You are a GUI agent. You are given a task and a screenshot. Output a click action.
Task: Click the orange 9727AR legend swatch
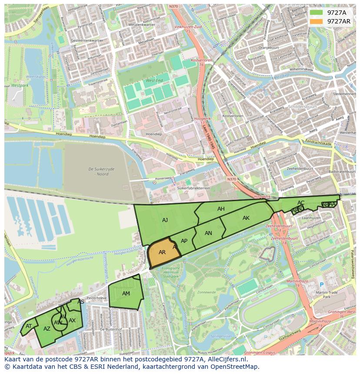tap(317, 21)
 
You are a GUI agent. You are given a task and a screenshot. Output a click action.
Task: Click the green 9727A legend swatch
tap(317, 13)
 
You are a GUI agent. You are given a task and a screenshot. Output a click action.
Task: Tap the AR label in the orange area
tap(162, 252)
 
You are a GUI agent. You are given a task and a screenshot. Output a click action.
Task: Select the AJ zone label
tap(165, 220)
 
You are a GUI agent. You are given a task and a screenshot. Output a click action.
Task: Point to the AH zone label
tap(221, 209)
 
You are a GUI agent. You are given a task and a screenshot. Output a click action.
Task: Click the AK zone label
tap(246, 218)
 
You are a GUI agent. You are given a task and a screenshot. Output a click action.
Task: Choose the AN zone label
tap(208, 233)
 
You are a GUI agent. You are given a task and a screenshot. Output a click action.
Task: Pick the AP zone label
tap(184, 241)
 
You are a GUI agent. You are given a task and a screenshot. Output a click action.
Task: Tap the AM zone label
tap(126, 294)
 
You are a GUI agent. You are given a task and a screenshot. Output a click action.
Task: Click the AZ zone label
tap(47, 329)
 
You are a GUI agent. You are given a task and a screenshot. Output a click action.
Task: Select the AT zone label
tap(29, 326)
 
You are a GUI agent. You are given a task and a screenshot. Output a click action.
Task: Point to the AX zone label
tap(72, 321)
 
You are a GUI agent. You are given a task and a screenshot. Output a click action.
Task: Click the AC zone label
tap(301, 203)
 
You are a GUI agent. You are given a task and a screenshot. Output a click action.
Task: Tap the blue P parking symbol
tap(322, 285)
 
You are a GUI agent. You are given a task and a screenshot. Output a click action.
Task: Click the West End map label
tap(154, 81)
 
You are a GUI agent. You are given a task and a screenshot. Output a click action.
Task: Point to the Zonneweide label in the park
tap(206, 293)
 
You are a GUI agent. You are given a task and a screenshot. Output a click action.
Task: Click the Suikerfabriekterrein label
tap(194, 189)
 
